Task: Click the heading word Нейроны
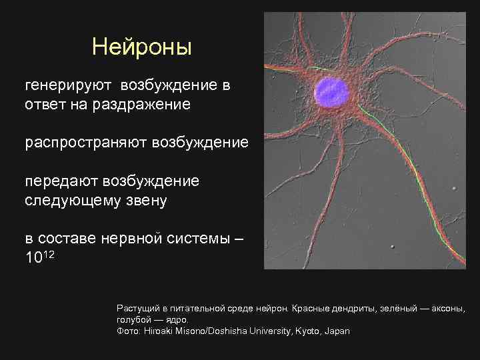pos(141,47)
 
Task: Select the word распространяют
pos(86,143)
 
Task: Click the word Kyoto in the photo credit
pos(306,331)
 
